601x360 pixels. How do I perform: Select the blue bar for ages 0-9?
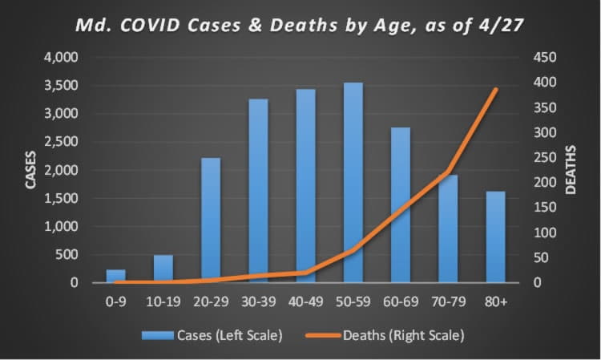(x=116, y=276)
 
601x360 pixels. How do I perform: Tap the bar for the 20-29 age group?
(x=211, y=220)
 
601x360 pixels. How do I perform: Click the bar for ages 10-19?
(x=163, y=269)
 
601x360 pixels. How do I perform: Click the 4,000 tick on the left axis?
(x=61, y=58)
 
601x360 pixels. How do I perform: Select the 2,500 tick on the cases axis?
(x=61, y=142)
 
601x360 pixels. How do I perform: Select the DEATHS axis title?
(x=571, y=169)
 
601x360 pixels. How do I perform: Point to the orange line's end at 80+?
(x=496, y=89)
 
